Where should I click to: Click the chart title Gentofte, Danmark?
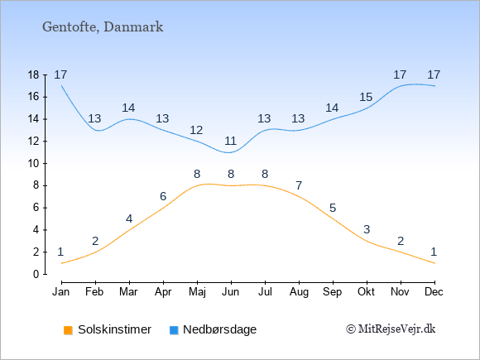103,27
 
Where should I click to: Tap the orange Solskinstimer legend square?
68,330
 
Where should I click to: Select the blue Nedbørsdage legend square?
174,330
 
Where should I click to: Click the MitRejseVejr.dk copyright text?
391,329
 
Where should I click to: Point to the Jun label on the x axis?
231,292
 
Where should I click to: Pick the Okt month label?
366,292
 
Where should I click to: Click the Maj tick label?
197,292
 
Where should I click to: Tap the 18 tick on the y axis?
34,75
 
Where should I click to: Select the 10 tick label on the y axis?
34,164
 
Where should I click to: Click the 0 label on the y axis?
36,274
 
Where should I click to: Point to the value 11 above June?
231,142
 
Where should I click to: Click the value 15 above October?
366,98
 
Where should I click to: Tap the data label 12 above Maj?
196,131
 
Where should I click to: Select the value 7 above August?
299,185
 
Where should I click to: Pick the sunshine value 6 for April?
163,196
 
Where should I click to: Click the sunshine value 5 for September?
333,209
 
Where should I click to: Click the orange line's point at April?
164,208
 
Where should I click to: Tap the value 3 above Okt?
367,229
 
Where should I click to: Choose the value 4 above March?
129,218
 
